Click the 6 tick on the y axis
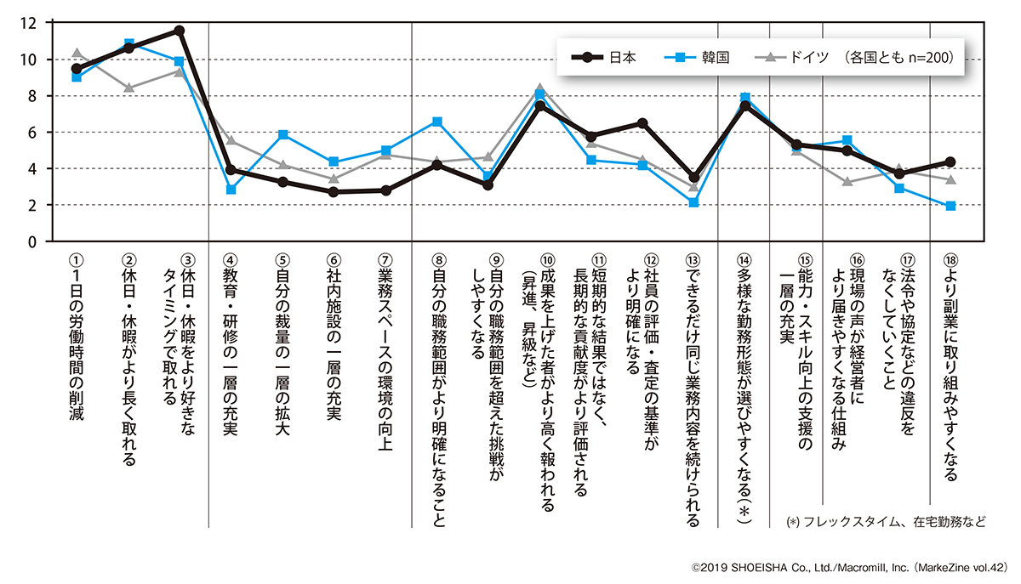(33, 133)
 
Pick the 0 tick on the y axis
(33, 242)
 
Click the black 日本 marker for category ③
(180, 31)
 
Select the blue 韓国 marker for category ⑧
(437, 122)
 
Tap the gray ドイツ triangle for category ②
(128, 88)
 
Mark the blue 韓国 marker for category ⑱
(950, 206)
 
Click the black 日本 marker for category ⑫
(642, 123)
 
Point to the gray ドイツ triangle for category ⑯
(847, 181)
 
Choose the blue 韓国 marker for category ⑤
(282, 134)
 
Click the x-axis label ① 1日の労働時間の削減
(77, 340)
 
